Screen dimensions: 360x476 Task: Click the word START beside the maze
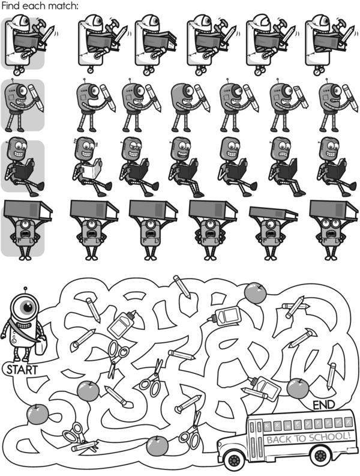(x=22, y=370)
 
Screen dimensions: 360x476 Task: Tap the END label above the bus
(x=324, y=405)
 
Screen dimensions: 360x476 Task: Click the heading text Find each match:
(x=40, y=6)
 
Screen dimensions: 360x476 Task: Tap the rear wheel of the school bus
(x=320, y=454)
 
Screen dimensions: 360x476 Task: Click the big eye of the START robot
(x=28, y=307)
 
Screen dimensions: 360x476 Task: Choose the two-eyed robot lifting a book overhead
(x=333, y=230)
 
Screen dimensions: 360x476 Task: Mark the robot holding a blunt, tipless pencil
(x=289, y=105)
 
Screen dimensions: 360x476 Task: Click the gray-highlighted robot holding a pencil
(x=23, y=105)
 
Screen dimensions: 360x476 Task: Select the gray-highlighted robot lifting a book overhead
(x=28, y=230)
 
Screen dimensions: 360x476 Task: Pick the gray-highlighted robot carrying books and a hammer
(x=29, y=44)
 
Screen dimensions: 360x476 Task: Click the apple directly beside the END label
(x=298, y=388)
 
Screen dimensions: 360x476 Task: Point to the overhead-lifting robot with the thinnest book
(x=272, y=233)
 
